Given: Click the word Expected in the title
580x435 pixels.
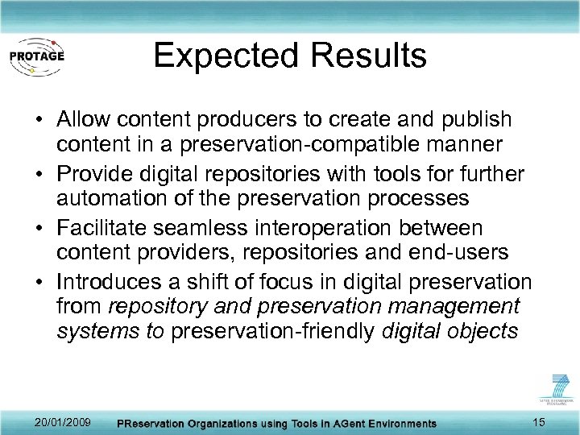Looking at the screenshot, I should coord(225,56).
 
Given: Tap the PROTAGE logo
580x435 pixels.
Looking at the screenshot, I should coord(36,56).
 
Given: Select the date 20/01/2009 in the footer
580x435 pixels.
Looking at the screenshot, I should coord(64,422).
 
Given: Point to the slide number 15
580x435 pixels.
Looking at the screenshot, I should coord(539,422).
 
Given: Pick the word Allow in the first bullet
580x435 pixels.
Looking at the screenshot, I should coord(84,120).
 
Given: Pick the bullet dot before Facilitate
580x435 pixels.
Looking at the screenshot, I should coord(39,227).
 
